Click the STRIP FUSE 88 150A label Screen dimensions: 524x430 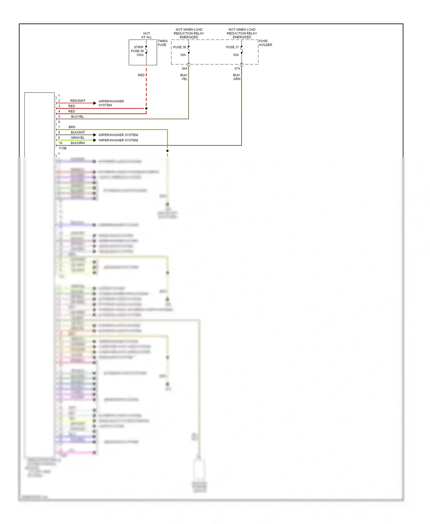138,51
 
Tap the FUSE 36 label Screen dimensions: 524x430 179,47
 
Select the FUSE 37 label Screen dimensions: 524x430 232,47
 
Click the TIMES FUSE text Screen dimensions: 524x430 163,43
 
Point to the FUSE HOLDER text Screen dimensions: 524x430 265,43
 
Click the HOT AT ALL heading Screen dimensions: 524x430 146,35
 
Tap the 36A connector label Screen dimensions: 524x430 184,69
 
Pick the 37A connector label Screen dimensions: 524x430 237,69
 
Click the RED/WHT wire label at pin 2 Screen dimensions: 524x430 78,101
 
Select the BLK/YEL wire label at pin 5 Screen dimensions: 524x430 77,117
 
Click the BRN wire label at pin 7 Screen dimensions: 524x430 72,127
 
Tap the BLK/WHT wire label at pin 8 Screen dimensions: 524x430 78,132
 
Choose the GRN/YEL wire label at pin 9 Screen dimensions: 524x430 78,138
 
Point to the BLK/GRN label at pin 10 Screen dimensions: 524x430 78,143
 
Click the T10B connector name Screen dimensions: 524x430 62,148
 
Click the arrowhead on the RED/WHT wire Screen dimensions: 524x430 95,103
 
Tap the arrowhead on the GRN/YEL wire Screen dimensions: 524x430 95,140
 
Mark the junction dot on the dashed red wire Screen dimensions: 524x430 146,108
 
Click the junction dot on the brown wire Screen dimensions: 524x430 167,151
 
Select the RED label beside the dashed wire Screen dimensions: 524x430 141,75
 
